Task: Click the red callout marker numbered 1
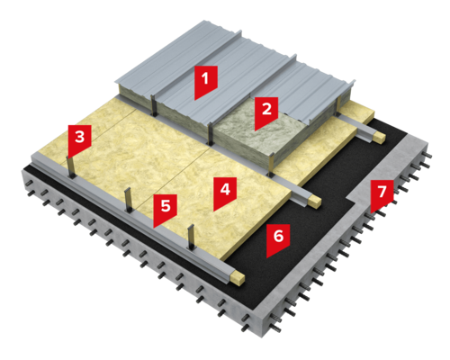[x=206, y=81]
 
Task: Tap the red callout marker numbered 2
[x=266, y=112]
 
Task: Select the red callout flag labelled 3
[x=79, y=139]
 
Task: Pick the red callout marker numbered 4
[x=225, y=193]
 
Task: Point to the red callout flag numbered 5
[x=165, y=210]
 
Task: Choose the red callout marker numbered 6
[x=278, y=239]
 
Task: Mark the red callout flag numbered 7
[x=382, y=195]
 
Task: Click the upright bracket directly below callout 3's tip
[x=70, y=167]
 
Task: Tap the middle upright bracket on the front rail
[x=128, y=200]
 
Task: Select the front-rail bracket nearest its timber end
[x=190, y=237]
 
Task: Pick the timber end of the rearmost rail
[x=379, y=138]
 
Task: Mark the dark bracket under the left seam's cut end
[x=154, y=105]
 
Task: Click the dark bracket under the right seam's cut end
[x=211, y=135]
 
